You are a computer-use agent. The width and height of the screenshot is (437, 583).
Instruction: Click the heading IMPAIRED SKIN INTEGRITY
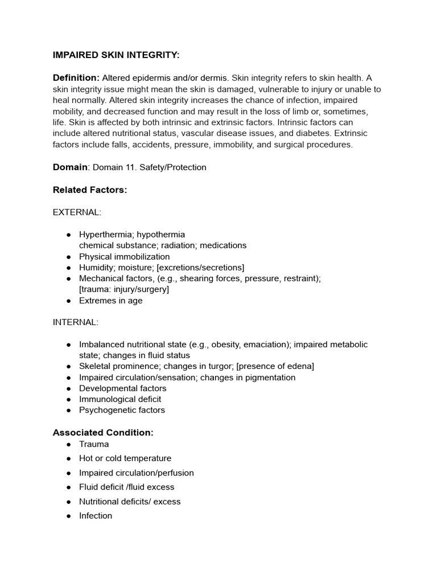tap(116, 55)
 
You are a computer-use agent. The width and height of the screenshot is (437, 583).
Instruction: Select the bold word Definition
tap(76, 78)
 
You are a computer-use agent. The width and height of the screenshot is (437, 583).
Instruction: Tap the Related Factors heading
tap(90, 190)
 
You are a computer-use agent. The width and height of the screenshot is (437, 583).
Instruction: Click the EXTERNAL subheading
tap(77, 212)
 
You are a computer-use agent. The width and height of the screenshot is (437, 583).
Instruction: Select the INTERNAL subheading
tap(76, 322)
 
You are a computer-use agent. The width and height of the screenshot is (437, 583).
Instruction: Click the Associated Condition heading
tap(103, 433)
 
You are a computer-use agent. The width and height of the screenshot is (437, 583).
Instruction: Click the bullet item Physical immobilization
tap(124, 257)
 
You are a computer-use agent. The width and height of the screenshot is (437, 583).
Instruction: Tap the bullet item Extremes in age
tap(110, 301)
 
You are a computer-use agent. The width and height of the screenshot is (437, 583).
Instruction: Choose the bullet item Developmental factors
tap(122, 388)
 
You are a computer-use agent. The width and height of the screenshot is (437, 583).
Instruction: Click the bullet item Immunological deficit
tap(119, 399)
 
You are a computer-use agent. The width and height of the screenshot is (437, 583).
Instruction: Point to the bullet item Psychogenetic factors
tap(122, 410)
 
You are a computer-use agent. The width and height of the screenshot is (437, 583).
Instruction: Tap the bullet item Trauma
tap(94, 444)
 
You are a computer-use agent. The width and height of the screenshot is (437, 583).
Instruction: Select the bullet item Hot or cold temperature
tap(125, 458)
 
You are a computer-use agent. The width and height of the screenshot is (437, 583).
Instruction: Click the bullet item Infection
tap(96, 516)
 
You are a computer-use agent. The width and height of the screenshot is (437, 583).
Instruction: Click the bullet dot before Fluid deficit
tap(68, 487)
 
